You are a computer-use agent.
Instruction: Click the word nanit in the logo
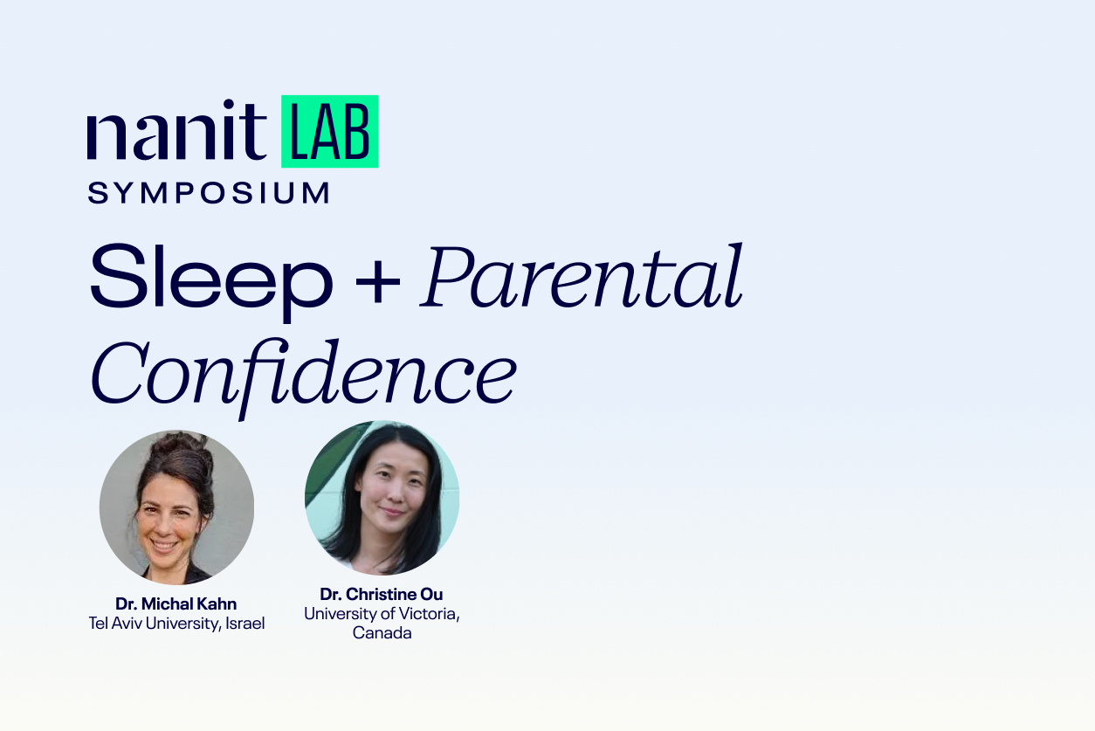click(176, 134)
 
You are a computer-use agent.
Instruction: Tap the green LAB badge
click(329, 132)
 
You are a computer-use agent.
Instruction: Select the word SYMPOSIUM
click(209, 193)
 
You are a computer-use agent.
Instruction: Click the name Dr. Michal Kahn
click(176, 603)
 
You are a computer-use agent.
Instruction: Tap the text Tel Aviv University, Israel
click(176, 624)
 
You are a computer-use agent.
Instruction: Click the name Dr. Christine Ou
click(382, 595)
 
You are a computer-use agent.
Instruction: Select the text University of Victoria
click(382, 614)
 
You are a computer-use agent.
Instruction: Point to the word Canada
click(382, 633)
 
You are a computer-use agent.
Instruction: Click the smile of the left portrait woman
click(165, 542)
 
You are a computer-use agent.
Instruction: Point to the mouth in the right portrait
click(391, 512)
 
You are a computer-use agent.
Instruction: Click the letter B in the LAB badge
click(358, 133)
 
